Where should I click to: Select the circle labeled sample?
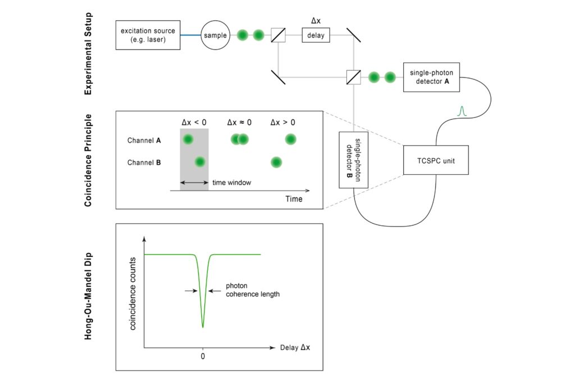click(216, 35)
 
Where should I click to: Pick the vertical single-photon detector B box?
click(353, 160)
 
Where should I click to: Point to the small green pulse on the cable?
click(462, 111)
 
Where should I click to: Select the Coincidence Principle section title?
click(88, 160)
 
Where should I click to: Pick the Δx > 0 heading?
click(284, 122)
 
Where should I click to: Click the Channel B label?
click(144, 163)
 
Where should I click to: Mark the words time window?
click(231, 183)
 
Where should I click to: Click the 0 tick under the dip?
click(203, 356)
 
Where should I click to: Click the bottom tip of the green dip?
click(203, 327)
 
